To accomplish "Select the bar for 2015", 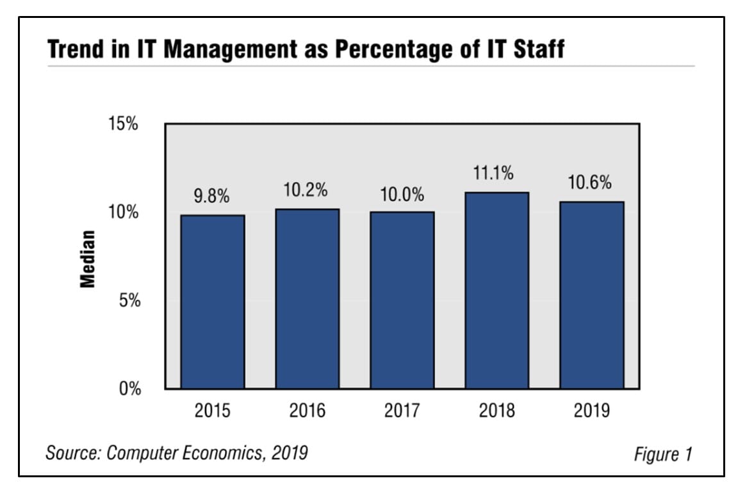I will point(212,302).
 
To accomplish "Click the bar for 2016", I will point(307,299).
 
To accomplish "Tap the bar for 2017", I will point(402,300).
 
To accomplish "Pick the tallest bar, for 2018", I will point(496,290).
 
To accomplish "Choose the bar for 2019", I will point(591,295).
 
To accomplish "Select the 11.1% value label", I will point(496,174).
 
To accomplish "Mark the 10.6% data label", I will point(589,183).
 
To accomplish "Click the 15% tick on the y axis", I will point(123,124).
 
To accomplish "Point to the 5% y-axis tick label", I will point(128,300).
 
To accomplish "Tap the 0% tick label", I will point(128,389).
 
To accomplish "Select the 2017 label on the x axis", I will point(402,411).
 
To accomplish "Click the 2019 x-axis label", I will point(591,411).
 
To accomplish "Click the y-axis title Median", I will point(88,258).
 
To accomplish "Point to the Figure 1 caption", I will point(662,454).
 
